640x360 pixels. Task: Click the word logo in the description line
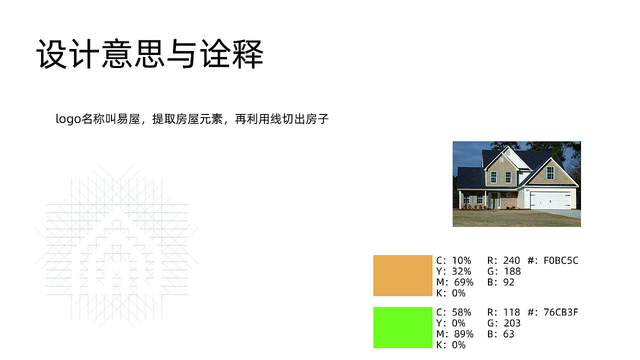click(x=67, y=119)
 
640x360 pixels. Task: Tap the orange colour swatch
click(x=402, y=275)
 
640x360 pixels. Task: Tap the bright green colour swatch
click(x=402, y=327)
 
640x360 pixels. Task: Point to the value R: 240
click(x=503, y=260)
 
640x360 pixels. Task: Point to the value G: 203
click(x=503, y=323)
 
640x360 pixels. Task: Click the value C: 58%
click(x=453, y=312)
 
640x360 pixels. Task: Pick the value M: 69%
click(x=454, y=282)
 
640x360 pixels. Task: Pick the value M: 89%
click(x=454, y=334)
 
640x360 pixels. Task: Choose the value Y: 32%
click(x=453, y=271)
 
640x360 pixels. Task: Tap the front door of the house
click(x=493, y=200)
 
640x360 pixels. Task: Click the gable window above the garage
click(x=550, y=172)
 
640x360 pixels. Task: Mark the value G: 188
click(x=503, y=271)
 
